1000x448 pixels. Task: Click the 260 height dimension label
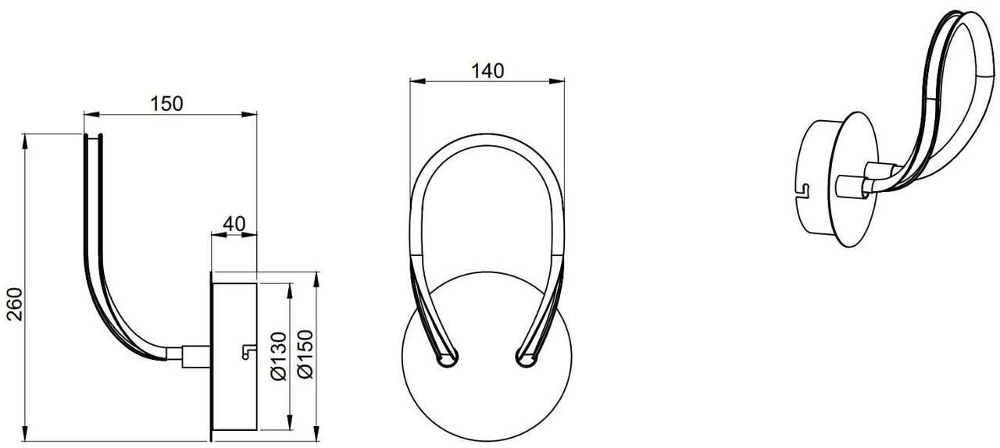[15, 304]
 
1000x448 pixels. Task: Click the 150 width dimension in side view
[166, 104]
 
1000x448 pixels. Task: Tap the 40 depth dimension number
[234, 224]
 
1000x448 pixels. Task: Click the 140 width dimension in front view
[487, 71]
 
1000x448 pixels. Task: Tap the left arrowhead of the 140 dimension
[416, 80]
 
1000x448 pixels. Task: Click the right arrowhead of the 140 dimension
[557, 80]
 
